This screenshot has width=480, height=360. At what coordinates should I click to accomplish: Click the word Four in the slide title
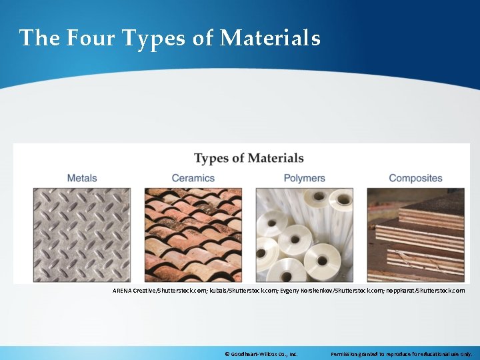point(90,38)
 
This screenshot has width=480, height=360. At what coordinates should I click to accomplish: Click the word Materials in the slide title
point(270,38)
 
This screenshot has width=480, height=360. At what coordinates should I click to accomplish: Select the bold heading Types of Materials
point(249,159)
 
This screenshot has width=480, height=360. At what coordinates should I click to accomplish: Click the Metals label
point(82,178)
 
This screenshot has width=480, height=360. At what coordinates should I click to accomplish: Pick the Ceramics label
point(193,178)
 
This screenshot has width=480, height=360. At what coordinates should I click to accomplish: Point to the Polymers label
point(304,178)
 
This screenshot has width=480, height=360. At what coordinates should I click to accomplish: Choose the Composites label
point(415,178)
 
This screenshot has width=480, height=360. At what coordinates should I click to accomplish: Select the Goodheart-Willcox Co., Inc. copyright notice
point(261,353)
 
